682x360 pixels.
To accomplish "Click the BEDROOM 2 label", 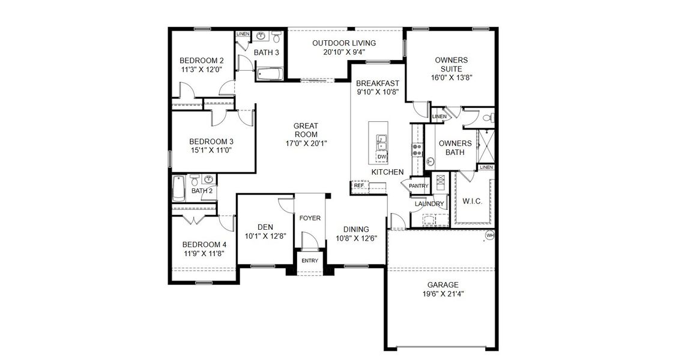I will (x=202, y=60).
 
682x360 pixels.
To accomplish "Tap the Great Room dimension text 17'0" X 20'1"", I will (x=306, y=143).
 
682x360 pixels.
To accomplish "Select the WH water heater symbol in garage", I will (x=489, y=235).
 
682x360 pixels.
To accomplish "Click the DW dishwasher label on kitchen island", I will (x=382, y=157).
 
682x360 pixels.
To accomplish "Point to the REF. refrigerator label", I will (x=360, y=186).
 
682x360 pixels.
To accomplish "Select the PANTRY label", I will (x=418, y=186).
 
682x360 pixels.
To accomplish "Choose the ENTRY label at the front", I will (x=310, y=260).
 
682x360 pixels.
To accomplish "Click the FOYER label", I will (x=310, y=218).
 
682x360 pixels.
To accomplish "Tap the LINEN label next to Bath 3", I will (x=243, y=34).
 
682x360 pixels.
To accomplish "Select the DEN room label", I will (x=265, y=227).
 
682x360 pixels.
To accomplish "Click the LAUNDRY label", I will (x=429, y=204).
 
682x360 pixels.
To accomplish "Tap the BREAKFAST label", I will (x=378, y=83).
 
